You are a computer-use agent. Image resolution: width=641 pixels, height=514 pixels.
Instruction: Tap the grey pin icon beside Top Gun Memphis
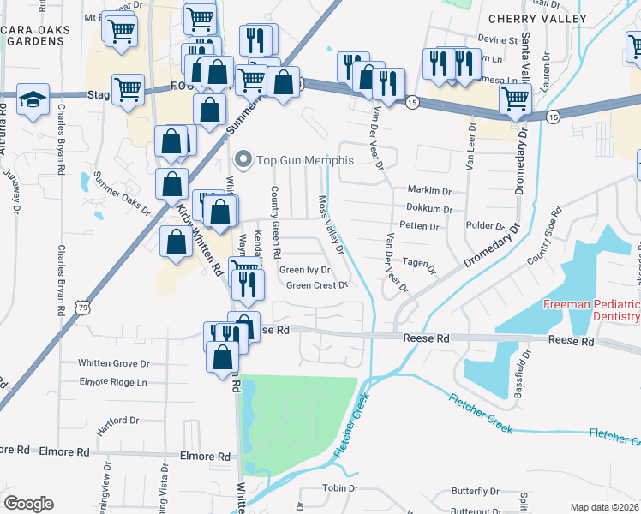pos(243,159)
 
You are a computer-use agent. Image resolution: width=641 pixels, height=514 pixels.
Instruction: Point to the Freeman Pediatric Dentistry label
pos(590,311)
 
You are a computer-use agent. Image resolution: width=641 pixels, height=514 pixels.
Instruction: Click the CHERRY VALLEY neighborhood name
pos(536,19)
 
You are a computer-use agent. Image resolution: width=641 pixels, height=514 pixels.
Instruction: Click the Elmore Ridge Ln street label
pos(113,382)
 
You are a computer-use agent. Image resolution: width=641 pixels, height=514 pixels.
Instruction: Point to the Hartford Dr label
pos(117,421)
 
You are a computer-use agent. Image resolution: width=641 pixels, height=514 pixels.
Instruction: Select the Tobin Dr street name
pos(339,488)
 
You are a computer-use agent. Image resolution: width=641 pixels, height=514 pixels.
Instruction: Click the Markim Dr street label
pos(429,190)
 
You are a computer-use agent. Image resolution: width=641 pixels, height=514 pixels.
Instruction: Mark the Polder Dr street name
pos(488,226)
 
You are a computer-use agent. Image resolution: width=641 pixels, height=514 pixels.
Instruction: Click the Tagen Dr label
pos(419,266)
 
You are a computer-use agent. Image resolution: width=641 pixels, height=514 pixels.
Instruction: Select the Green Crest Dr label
pos(316,285)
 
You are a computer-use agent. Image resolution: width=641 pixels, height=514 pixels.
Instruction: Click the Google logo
pos(28,503)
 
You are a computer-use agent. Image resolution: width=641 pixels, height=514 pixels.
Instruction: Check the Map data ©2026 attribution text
pos(605,507)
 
